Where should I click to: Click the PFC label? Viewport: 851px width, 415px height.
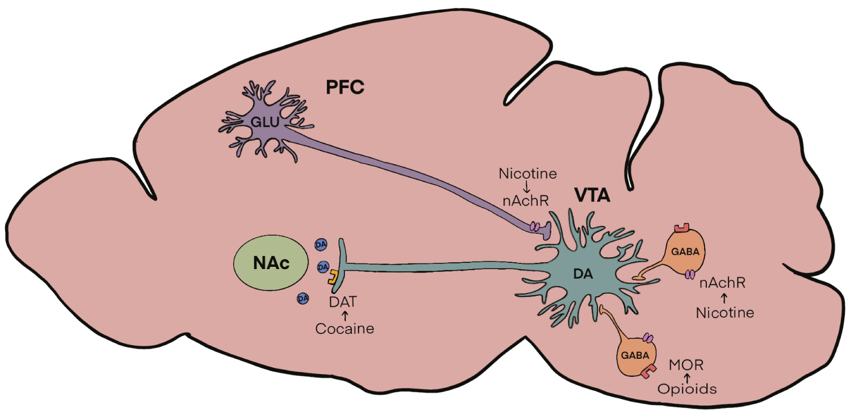pyautogui.click(x=345, y=88)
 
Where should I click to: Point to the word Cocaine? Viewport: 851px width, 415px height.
pyautogui.click(x=345, y=329)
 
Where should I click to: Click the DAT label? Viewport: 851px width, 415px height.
pyautogui.click(x=344, y=302)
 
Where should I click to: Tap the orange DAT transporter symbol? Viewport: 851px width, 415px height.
pyautogui.click(x=332, y=278)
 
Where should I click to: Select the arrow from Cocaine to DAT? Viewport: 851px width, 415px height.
pyautogui.click(x=344, y=315)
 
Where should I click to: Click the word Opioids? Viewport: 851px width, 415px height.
pyautogui.click(x=687, y=389)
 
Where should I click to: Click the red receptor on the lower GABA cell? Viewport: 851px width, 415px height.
pyautogui.click(x=647, y=371)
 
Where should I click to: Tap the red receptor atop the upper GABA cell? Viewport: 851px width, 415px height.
pyautogui.click(x=681, y=228)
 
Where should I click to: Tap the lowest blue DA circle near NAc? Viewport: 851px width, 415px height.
pyautogui.click(x=303, y=297)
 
